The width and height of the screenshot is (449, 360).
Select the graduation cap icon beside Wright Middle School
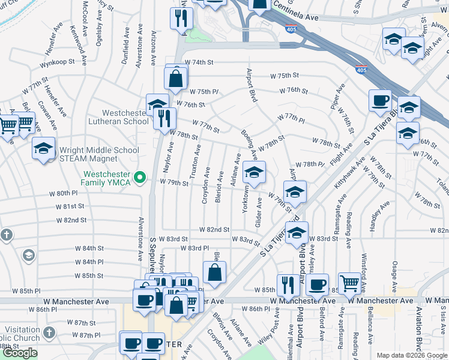click(43, 150)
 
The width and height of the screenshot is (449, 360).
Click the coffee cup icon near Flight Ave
click(380, 101)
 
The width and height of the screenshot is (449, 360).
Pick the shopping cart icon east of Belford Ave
click(349, 283)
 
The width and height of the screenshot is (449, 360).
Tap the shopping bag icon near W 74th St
click(176, 79)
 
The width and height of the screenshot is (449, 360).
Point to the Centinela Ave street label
click(295, 18)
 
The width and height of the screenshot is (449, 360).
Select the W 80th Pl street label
click(64, 193)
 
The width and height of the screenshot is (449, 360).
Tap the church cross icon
click(6, 235)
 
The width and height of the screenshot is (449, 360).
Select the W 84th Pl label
click(89, 262)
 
